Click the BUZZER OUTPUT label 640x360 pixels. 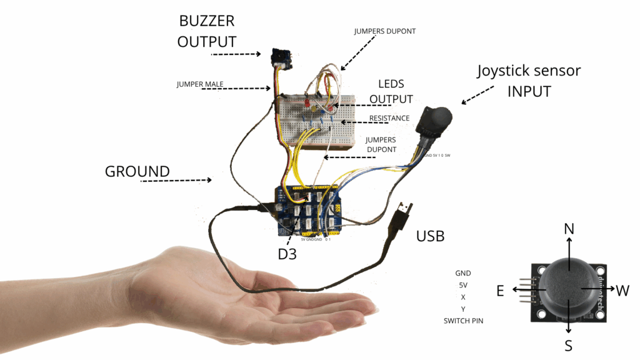(x=206, y=31)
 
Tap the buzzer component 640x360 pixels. (x=279, y=58)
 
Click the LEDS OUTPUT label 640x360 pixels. (x=391, y=91)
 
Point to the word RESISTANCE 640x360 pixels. (x=389, y=118)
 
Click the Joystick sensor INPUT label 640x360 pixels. (x=529, y=81)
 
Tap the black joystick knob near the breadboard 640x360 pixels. (x=436, y=118)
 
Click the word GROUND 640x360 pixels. (x=137, y=171)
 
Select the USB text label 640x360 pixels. (x=430, y=236)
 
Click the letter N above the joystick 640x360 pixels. (x=569, y=229)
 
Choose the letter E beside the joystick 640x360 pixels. (x=501, y=290)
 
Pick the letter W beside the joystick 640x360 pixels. (x=622, y=290)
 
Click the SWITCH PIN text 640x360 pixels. (x=463, y=321)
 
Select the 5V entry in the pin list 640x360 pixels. (x=463, y=285)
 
